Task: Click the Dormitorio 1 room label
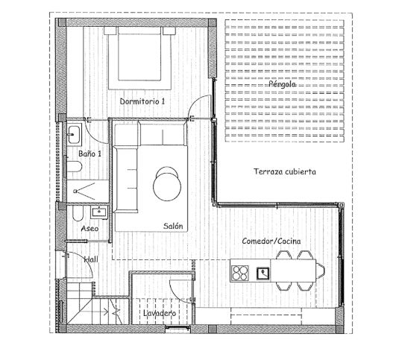coord(142,100)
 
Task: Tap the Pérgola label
coord(283,83)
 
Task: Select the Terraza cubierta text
coord(284,171)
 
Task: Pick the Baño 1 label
coord(89,153)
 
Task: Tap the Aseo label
coord(89,229)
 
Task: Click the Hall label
coord(91,259)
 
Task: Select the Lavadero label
coord(159,314)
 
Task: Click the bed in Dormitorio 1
coord(142,56)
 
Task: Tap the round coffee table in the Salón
coord(166,180)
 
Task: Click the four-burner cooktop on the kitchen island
coord(240,272)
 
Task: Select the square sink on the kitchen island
coord(263,273)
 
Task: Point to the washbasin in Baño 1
coord(74,135)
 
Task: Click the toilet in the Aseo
coord(78,215)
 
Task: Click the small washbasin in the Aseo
coord(105,212)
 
